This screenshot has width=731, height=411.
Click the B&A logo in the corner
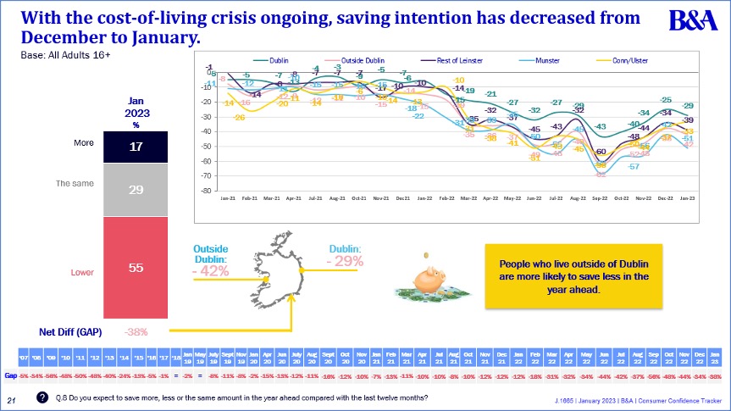coord(695,21)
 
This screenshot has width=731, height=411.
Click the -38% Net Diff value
coord(137,331)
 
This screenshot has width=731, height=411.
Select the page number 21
coord(12,399)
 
